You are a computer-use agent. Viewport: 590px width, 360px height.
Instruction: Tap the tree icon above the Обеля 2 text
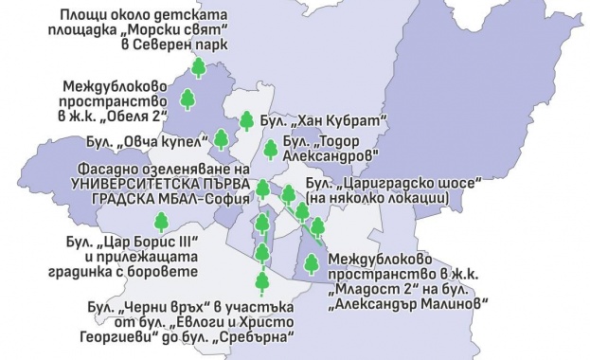point(188,99)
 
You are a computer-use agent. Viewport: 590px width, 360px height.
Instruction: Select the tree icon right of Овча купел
point(222,140)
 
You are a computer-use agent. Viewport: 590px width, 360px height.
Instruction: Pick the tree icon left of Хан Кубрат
point(246,120)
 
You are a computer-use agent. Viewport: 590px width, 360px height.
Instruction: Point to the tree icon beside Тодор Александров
point(271,149)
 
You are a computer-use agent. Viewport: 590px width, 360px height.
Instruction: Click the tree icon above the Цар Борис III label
point(162,222)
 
